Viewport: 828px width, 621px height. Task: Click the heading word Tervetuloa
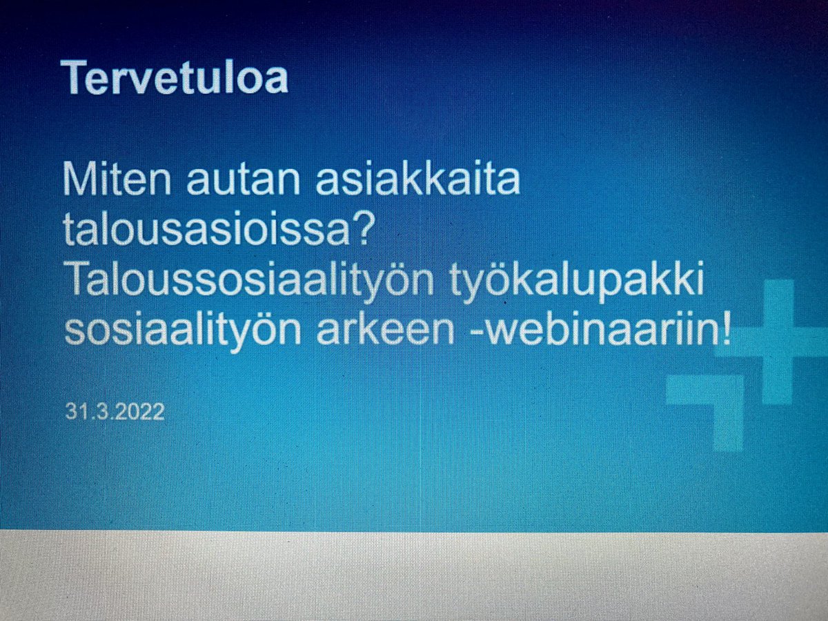[x=174, y=77]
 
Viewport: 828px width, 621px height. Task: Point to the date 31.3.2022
[x=115, y=412]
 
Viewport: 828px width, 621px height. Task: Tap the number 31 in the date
[x=75, y=412]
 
